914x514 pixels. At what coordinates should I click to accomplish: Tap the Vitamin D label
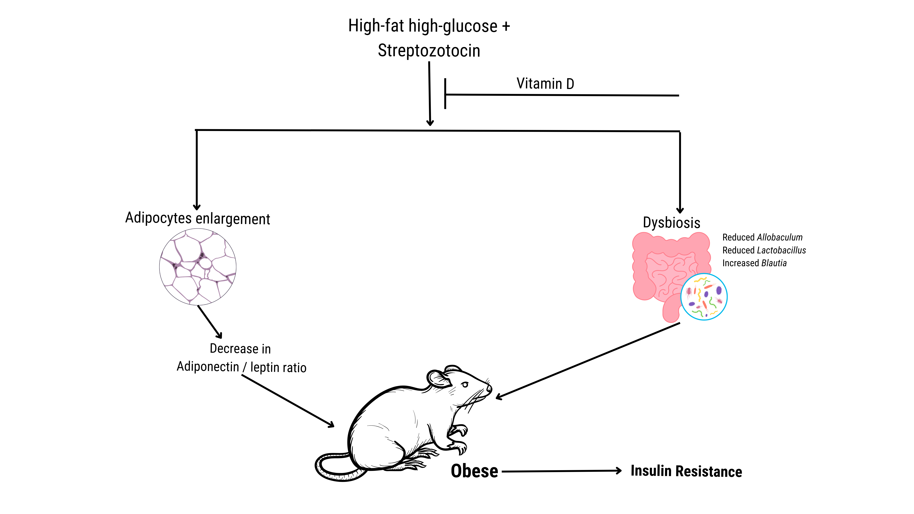545,84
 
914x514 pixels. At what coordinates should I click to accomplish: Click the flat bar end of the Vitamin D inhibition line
445,94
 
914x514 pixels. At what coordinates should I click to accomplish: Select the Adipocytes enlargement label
198,218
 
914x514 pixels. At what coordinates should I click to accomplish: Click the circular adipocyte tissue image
198,267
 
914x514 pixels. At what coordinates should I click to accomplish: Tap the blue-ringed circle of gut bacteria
704,297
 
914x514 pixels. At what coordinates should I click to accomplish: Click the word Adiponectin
208,366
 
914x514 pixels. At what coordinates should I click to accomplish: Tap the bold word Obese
474,471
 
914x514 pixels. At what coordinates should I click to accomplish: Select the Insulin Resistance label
686,471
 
